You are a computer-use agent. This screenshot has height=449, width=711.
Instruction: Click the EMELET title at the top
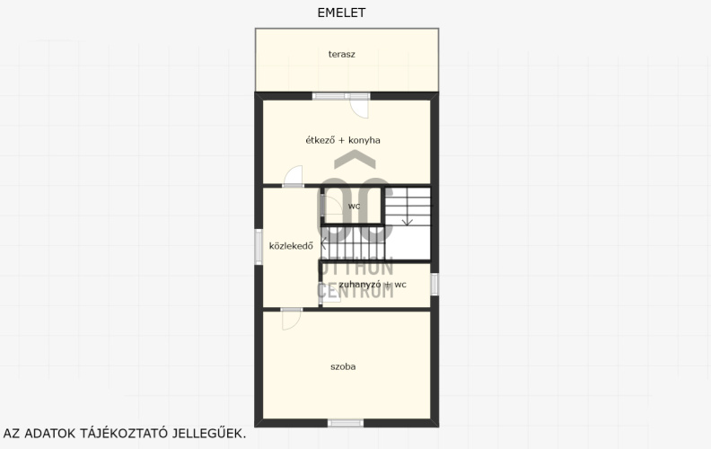pyautogui.click(x=341, y=13)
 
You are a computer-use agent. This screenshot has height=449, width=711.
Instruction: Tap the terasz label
pyautogui.click(x=341, y=55)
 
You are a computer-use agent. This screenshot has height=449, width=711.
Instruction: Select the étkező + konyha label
pyautogui.click(x=343, y=140)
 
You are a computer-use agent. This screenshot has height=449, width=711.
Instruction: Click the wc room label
pyautogui.click(x=354, y=207)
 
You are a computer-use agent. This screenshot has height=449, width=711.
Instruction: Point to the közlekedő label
pyautogui.click(x=291, y=246)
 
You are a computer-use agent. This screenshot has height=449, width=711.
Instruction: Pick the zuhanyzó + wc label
pyautogui.click(x=373, y=285)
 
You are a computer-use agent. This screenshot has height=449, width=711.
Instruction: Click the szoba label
pyautogui.click(x=343, y=366)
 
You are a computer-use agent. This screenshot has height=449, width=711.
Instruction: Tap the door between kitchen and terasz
pyautogui.click(x=359, y=108)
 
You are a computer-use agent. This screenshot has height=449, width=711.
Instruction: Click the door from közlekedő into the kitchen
pyautogui.click(x=293, y=176)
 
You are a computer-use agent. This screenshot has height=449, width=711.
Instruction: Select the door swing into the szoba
pyautogui.click(x=292, y=320)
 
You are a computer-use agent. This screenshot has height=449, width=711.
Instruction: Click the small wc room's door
pyautogui.click(x=331, y=207)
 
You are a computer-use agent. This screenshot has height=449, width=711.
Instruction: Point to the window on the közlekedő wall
pyautogui.click(x=259, y=247)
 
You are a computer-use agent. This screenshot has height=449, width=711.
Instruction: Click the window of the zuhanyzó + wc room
pyautogui.click(x=434, y=285)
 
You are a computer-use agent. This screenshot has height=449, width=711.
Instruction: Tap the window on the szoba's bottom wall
pyautogui.click(x=346, y=423)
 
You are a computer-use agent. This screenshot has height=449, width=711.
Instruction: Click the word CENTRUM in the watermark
pyautogui.click(x=355, y=291)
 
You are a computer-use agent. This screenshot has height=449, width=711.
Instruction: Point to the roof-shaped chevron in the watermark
pyautogui.click(x=355, y=159)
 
